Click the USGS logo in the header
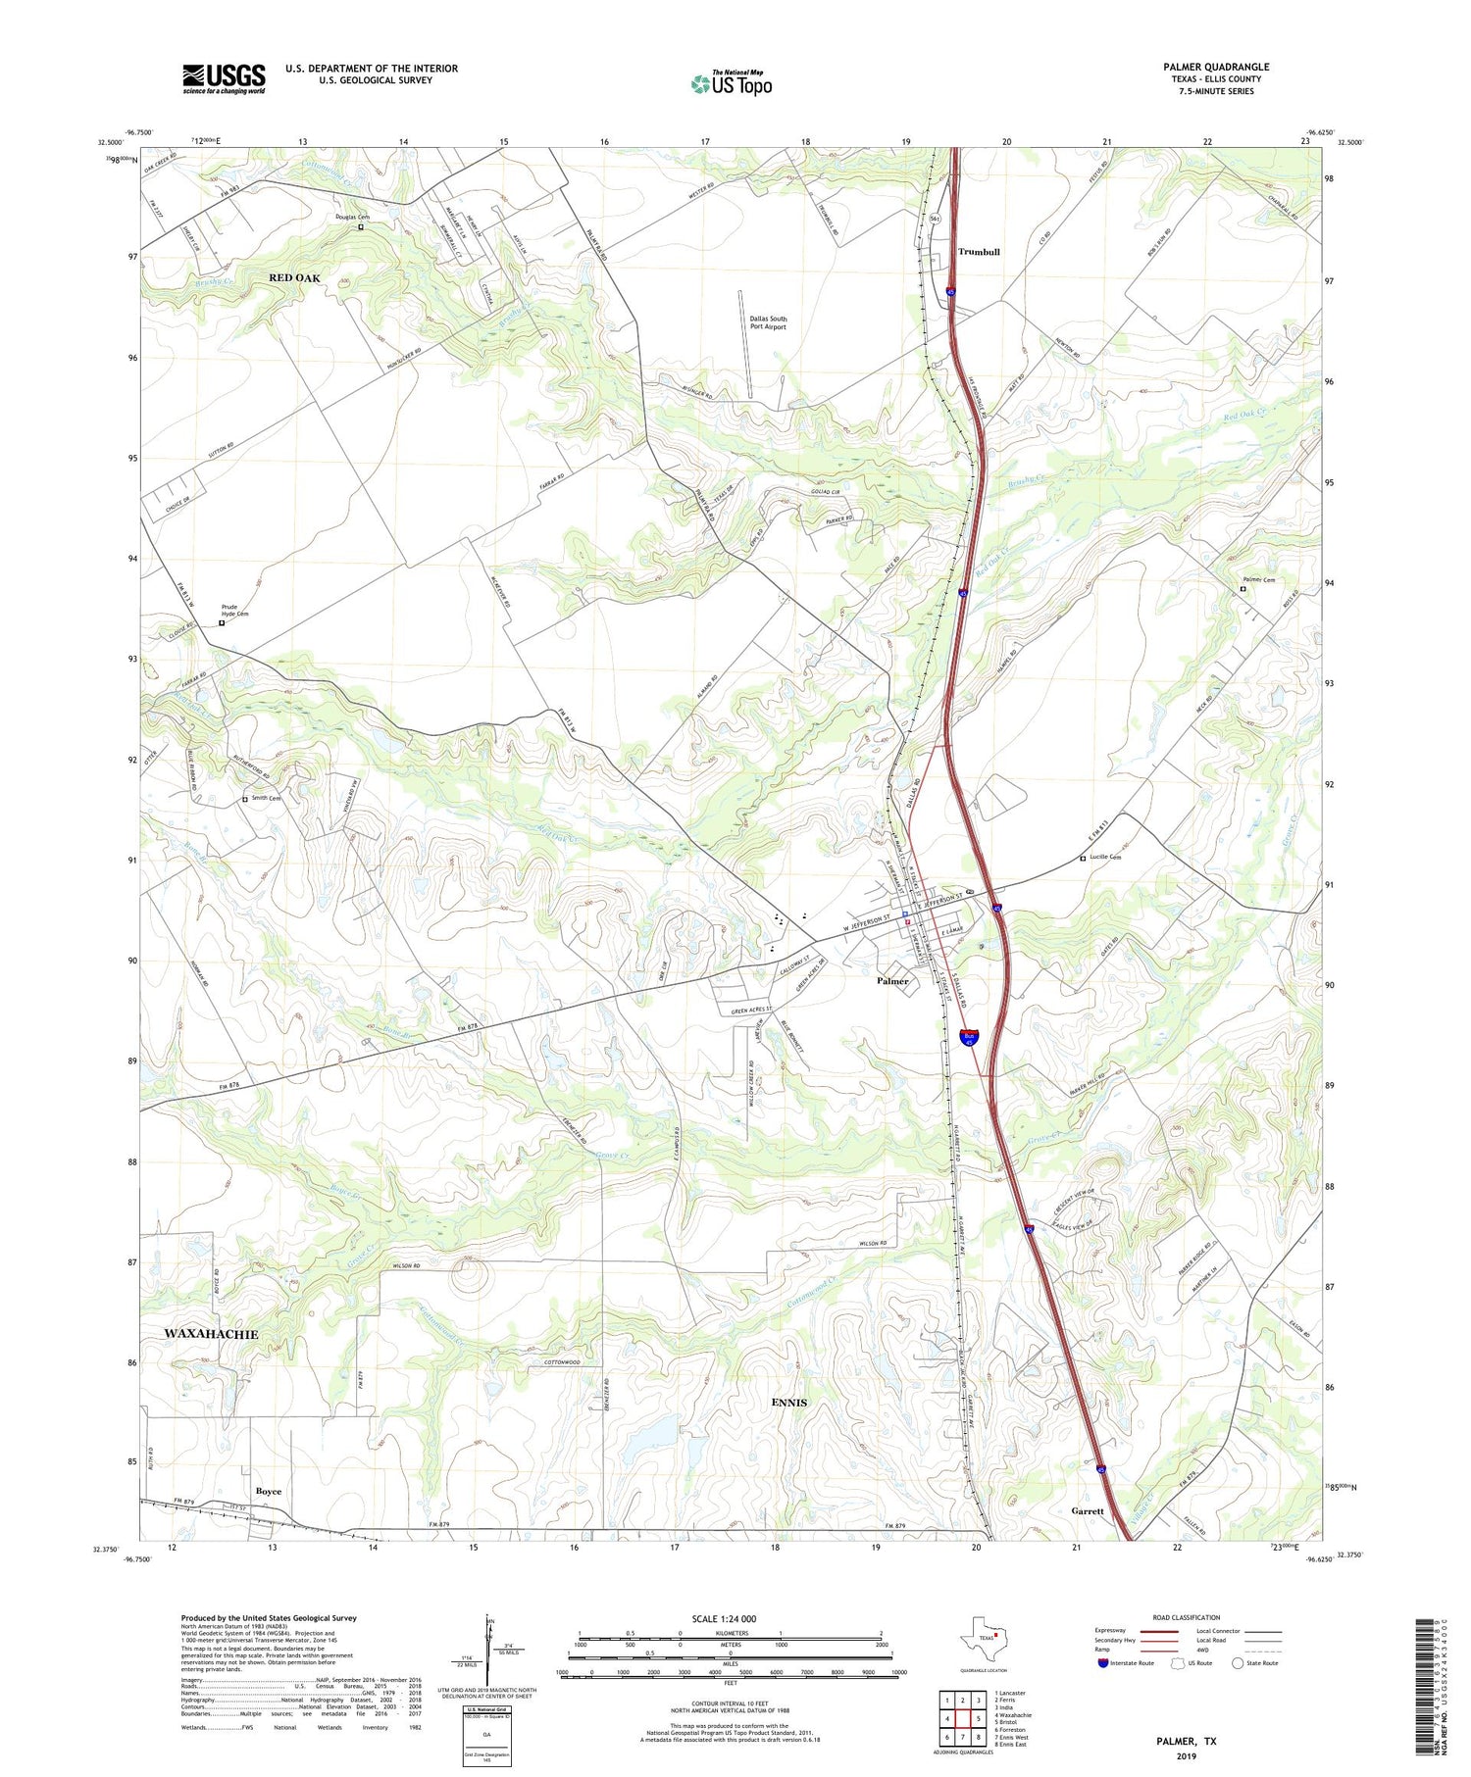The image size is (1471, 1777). pyautogui.click(x=224, y=78)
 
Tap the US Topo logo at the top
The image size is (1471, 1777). pyautogui.click(x=732, y=83)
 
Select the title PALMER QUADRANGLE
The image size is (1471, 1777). pyautogui.click(x=1215, y=67)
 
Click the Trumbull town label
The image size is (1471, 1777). pyautogui.click(x=978, y=252)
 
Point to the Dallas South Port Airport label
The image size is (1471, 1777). pyautogui.click(x=768, y=322)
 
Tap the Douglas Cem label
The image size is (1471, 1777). pyautogui.click(x=352, y=218)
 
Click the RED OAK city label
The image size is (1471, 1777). pyautogui.click(x=294, y=278)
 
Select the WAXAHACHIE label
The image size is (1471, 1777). pyautogui.click(x=211, y=1334)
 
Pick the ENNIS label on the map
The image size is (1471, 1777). pyautogui.click(x=788, y=1403)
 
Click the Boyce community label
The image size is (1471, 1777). pyautogui.click(x=268, y=1491)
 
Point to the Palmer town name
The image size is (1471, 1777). pyautogui.click(x=891, y=980)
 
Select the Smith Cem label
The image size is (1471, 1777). pyautogui.click(x=266, y=798)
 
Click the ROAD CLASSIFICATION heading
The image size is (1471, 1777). pyautogui.click(x=1187, y=1617)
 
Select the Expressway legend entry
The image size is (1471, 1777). pyautogui.click(x=1113, y=1631)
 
